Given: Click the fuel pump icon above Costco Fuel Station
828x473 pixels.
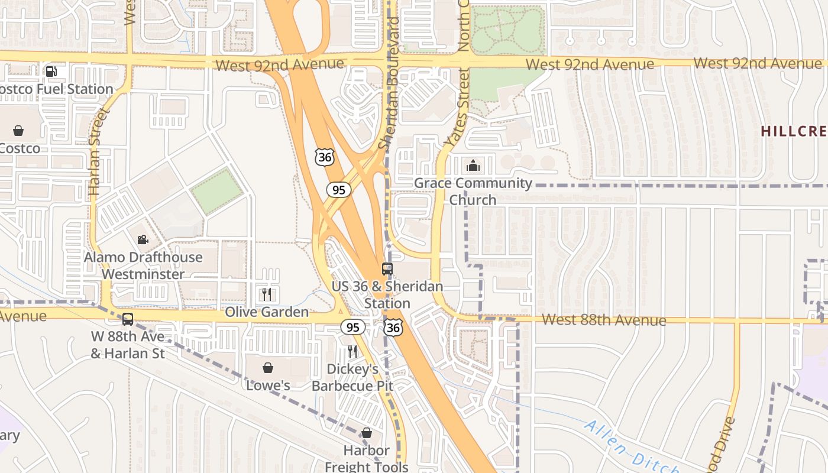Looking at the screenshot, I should [x=51, y=72].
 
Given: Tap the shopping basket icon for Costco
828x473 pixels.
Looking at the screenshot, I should [x=18, y=131].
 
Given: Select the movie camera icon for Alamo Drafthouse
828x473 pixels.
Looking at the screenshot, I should [x=143, y=239].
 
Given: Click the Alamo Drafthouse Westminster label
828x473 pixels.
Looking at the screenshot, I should [x=143, y=265].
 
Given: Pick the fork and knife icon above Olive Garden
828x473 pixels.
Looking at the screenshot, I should [x=267, y=294].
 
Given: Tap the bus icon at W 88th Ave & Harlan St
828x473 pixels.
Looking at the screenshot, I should [x=128, y=319].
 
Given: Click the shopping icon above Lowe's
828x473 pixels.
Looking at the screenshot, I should [x=268, y=368].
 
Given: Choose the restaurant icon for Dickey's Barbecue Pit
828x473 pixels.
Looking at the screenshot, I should [x=352, y=352].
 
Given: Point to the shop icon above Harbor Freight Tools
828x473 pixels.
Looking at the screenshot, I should [x=367, y=433].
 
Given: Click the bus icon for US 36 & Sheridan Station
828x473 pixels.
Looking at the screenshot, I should [x=387, y=269].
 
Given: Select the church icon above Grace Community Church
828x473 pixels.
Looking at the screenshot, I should [x=473, y=166].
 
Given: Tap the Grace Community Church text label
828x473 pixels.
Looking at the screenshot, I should [x=473, y=191].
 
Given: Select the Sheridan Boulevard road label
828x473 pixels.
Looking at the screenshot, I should [x=390, y=83].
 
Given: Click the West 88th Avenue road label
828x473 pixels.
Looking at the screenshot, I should [x=603, y=320].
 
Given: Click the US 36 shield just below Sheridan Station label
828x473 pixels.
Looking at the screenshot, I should [x=393, y=328].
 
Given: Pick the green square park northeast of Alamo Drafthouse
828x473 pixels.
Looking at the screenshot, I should [x=216, y=191].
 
